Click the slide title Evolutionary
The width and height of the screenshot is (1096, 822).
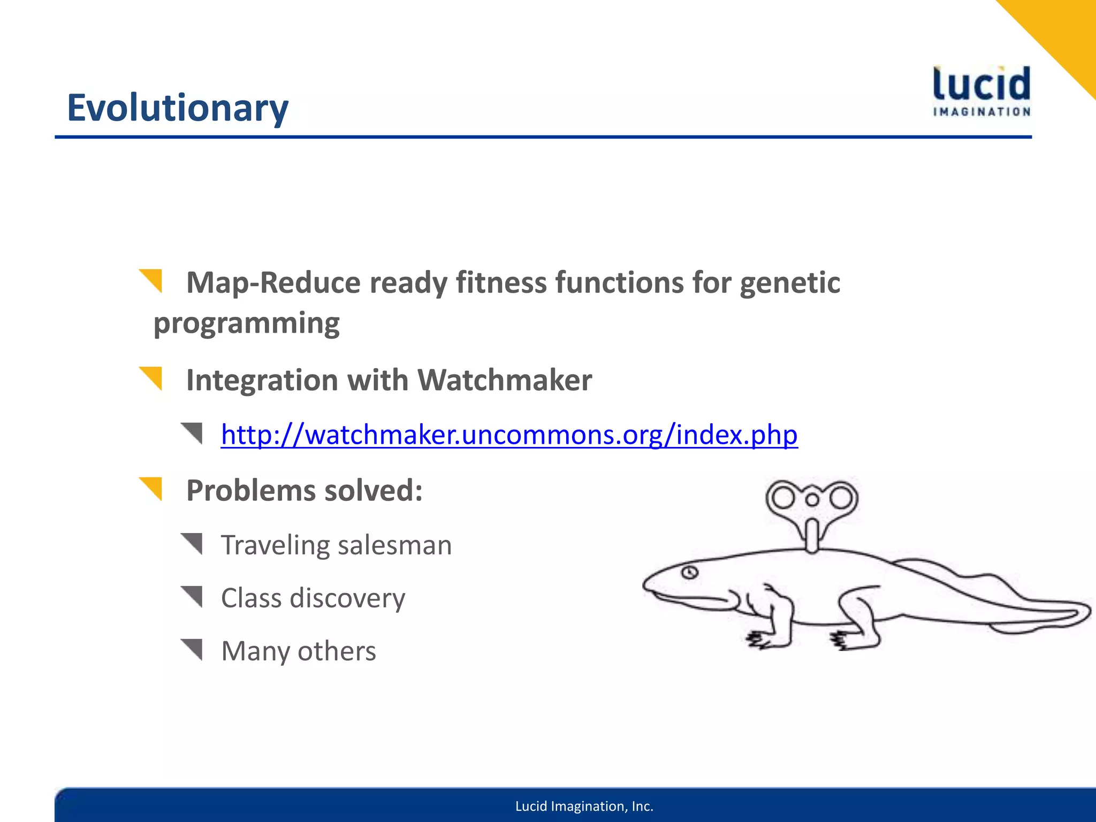(177, 108)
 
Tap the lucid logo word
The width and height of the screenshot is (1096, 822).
(981, 85)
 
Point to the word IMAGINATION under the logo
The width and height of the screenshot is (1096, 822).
(981, 112)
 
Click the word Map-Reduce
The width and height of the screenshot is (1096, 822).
(273, 283)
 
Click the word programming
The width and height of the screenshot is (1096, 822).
(246, 323)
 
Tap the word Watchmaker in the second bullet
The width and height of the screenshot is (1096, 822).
(504, 380)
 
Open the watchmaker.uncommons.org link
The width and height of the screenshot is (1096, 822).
(509, 434)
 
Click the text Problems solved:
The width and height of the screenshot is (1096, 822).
(304, 490)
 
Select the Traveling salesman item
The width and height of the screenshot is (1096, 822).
(336, 545)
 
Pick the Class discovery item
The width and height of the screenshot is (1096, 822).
(313, 598)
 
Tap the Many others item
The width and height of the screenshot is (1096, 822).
(299, 651)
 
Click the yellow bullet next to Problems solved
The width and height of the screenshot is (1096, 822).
(152, 488)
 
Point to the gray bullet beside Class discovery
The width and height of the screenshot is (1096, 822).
(193, 596)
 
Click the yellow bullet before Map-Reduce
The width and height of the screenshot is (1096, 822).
(152, 280)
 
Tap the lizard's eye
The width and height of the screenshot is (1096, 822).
(689, 573)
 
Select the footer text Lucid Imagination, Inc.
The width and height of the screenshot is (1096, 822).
(584, 806)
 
